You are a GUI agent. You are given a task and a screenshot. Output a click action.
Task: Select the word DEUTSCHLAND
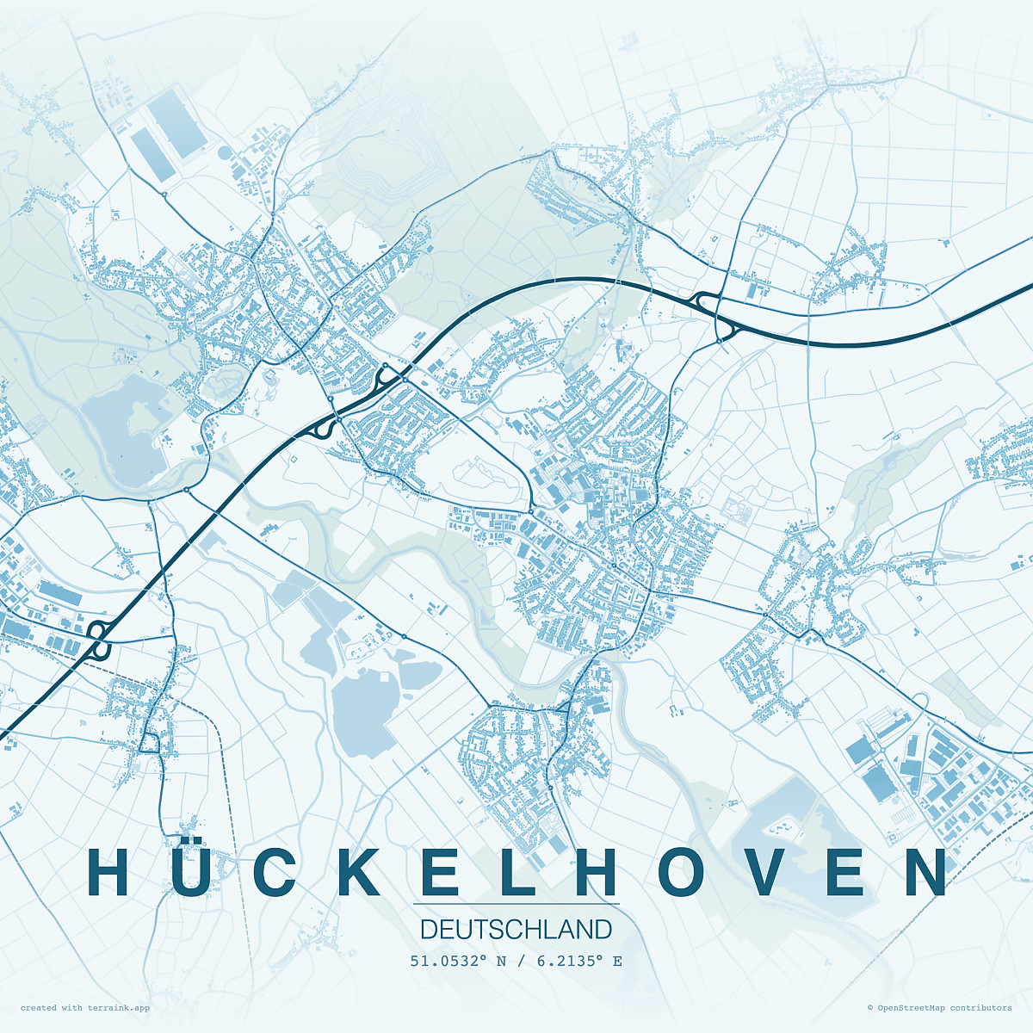[516, 930]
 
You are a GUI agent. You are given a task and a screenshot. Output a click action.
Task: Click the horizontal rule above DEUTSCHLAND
[516, 904]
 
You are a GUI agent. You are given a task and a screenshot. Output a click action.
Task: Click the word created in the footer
[39, 1007]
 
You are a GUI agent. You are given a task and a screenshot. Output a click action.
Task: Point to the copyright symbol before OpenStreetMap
[870, 1007]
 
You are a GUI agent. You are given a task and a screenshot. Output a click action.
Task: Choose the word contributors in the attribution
[981, 1007]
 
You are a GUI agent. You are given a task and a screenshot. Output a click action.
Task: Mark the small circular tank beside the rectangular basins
[225, 153]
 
